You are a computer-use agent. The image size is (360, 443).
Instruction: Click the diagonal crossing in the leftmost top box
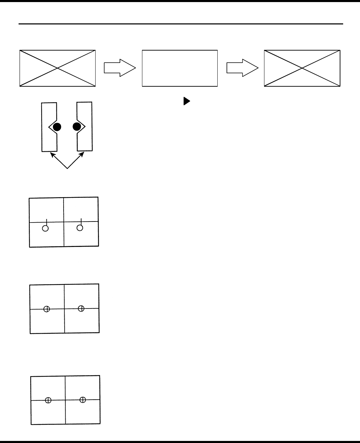tap(57, 68)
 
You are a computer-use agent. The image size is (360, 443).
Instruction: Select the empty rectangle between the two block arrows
tap(180, 68)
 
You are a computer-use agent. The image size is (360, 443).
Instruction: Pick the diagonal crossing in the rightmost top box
tap(302, 68)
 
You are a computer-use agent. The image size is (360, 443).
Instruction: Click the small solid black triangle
tap(187, 101)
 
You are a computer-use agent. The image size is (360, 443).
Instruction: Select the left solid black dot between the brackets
tap(57, 127)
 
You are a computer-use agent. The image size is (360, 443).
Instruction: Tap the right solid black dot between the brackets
tap(77, 127)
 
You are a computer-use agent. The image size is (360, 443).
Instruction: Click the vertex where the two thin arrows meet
tap(67, 169)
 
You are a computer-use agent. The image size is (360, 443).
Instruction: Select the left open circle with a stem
tap(45, 228)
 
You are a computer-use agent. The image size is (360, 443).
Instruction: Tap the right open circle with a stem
tap(80, 227)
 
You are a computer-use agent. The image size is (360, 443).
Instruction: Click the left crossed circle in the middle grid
tap(47, 309)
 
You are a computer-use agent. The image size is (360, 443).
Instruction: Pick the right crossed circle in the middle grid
tap(81, 308)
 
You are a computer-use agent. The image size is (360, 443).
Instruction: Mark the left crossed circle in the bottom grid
tap(48, 400)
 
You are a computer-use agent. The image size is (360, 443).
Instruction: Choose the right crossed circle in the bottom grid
tap(83, 399)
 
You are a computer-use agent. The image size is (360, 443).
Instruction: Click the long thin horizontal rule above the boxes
tap(181, 24)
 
